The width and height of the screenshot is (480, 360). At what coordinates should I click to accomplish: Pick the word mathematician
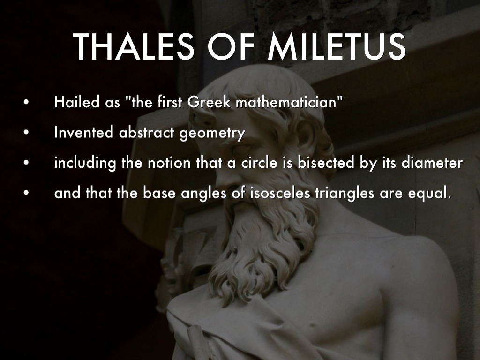(x=286, y=102)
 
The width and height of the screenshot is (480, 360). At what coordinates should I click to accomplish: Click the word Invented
(x=84, y=132)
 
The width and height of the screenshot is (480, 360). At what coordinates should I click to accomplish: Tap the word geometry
(x=212, y=134)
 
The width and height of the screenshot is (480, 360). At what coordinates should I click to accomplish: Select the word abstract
(x=146, y=132)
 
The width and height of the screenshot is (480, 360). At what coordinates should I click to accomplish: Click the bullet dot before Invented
(x=26, y=133)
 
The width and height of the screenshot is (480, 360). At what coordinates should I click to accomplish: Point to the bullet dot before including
(x=26, y=163)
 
